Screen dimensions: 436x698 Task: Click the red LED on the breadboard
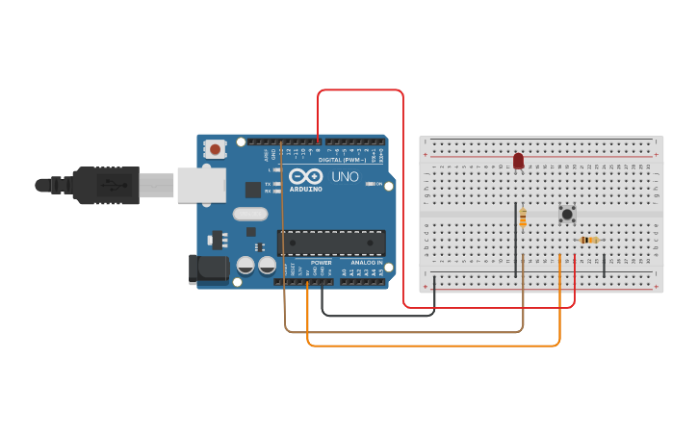pos(519,161)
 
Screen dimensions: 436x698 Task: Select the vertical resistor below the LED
pos(523,218)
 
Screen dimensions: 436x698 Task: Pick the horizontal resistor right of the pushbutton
pos(589,240)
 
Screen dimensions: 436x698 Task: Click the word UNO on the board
pos(346,178)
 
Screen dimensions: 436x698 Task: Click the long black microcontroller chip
pos(331,244)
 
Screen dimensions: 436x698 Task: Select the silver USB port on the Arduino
pos(201,185)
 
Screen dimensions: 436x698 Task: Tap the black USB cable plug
pos(106,186)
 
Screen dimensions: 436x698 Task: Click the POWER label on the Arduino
pos(322,262)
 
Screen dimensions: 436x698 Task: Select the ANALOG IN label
pos(365,262)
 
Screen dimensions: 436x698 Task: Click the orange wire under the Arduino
pos(433,345)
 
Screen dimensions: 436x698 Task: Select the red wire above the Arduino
pos(361,90)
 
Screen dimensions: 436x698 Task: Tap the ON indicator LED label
pos(380,183)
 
